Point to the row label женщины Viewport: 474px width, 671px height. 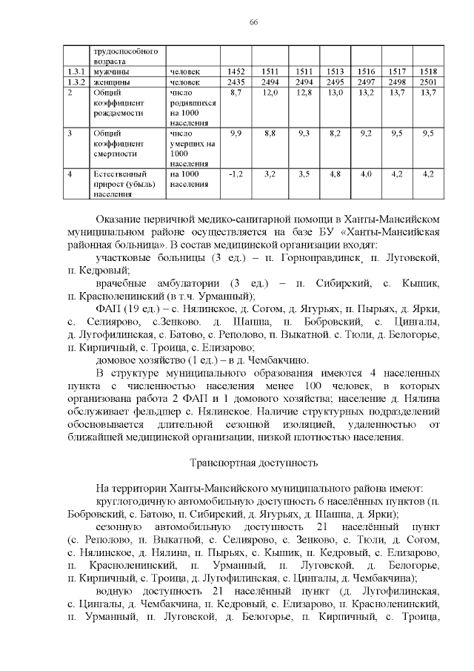pos(108,82)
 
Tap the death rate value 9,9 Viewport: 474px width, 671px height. pos(236,133)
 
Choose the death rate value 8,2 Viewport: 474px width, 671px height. pos(335,133)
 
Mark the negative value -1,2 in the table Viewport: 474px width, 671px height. pos(236,174)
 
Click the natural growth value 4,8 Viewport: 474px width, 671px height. pos(335,174)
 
